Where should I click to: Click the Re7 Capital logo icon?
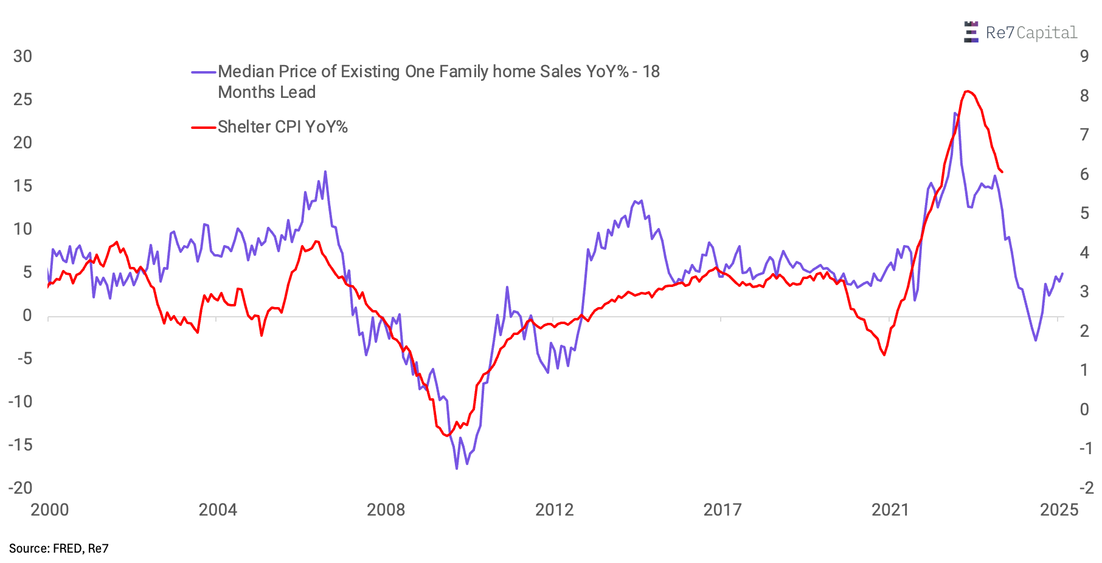point(971,32)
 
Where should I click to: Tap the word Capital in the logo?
point(1047,33)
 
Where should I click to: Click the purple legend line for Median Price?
point(204,72)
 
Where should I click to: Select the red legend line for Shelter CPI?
point(204,127)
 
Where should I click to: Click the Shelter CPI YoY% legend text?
point(283,127)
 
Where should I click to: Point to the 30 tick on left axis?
point(23,57)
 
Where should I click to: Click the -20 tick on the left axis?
point(21,488)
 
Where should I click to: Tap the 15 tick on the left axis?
point(23,186)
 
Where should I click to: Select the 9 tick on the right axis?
point(1084,57)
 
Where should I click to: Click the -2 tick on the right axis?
point(1086,488)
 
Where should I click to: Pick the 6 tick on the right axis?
point(1084,174)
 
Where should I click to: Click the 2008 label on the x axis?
point(386,509)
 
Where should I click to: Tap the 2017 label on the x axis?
point(723,509)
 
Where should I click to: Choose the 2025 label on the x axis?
point(1059,509)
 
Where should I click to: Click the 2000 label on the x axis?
point(50,509)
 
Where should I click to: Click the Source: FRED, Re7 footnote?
point(58,548)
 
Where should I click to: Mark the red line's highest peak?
point(968,91)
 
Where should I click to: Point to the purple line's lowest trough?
point(457,468)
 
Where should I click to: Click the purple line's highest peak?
point(955,113)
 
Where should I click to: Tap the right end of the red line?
point(1002,172)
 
